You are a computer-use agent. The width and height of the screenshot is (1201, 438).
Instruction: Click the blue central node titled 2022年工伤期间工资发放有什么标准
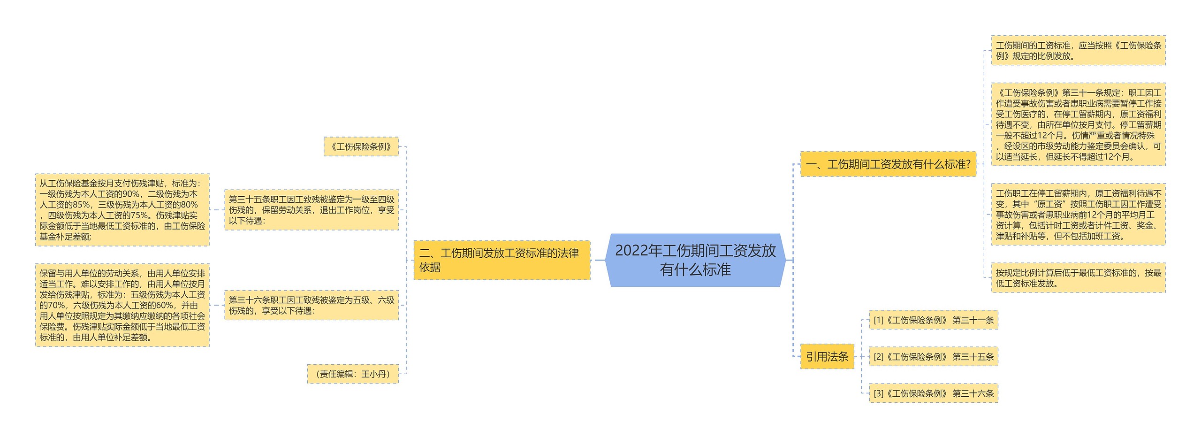pos(695,260)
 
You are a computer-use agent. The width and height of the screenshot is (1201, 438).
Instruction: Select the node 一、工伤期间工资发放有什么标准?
pos(888,164)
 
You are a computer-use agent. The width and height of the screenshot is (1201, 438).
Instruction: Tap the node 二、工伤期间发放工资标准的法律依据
pos(502,260)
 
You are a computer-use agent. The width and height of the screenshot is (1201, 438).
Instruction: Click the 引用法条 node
pos(827,357)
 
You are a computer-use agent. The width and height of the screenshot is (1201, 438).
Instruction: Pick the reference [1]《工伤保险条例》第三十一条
pos(933,320)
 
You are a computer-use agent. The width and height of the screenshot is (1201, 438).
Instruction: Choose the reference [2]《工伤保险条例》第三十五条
pos(933,357)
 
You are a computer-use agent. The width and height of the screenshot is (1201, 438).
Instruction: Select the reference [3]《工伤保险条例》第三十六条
pos(933,393)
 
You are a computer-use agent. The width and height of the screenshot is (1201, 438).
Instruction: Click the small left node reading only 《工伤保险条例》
pos(361,147)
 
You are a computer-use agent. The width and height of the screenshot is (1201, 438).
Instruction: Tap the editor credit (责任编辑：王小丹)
pos(353,374)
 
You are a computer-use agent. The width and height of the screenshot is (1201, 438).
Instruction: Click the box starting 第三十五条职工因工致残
pos(312,210)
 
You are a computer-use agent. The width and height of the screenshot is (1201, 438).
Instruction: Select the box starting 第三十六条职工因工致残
pos(312,305)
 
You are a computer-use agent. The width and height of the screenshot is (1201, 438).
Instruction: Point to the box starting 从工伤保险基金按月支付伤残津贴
pos(122,210)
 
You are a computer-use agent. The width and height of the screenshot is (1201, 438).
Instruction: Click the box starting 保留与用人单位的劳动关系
pos(122,305)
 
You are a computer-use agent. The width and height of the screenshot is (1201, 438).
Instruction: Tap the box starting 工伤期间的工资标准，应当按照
pos(1078,51)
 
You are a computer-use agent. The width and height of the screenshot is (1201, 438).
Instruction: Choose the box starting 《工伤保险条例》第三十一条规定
pos(1078,124)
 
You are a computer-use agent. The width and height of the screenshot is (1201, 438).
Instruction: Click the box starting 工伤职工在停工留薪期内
pos(1078,215)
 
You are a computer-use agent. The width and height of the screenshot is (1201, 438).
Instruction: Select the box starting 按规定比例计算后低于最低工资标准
pos(1078,278)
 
